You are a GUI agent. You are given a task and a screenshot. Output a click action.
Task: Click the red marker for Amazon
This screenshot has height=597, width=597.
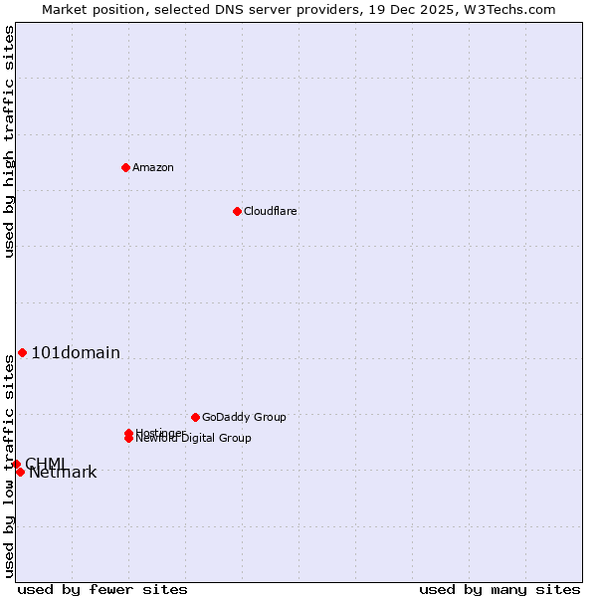click(x=125, y=167)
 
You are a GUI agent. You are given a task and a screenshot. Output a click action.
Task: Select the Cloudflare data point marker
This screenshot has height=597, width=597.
click(x=237, y=211)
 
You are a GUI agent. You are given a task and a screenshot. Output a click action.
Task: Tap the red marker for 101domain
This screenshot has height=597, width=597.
click(x=22, y=352)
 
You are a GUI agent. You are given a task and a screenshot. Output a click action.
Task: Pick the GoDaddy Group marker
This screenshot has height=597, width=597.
click(x=195, y=417)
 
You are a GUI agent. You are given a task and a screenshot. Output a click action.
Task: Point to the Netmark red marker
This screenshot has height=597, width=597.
click(x=20, y=472)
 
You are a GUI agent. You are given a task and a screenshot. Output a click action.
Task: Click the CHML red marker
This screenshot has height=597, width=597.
click(x=16, y=464)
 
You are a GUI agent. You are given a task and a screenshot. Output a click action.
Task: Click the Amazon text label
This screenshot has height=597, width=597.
click(x=152, y=167)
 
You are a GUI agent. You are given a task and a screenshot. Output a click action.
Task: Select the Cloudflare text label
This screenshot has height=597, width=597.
click(x=270, y=211)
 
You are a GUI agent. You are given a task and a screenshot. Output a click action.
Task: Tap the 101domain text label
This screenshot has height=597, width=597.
click(x=76, y=352)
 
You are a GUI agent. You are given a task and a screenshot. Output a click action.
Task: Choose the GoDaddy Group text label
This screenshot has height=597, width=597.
click(x=244, y=417)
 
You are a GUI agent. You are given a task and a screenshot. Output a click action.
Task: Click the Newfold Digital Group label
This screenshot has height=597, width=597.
click(x=193, y=439)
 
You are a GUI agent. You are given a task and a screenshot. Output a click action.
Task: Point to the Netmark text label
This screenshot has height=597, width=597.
click(x=63, y=473)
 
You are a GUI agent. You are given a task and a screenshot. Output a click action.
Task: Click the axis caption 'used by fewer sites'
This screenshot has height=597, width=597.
click(x=102, y=589)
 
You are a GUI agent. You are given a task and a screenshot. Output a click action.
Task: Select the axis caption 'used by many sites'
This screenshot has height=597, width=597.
click(x=499, y=589)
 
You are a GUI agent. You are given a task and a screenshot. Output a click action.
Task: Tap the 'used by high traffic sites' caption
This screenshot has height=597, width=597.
click(x=9, y=141)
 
